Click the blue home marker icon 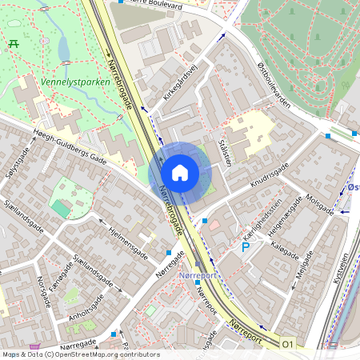[180, 173]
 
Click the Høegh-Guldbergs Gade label [71, 147]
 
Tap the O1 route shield [288, 344]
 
